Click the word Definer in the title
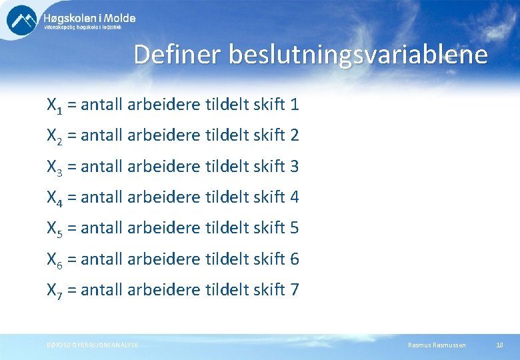click(x=178, y=55)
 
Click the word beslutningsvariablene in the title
click(x=358, y=55)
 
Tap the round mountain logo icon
click(x=22, y=20)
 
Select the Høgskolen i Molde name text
click(x=89, y=17)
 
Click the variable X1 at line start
click(x=54, y=105)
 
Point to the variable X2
click(x=54, y=136)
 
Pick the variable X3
click(x=54, y=167)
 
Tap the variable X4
click(x=54, y=198)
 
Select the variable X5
click(x=54, y=229)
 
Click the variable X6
click(x=54, y=259)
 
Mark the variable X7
click(x=54, y=290)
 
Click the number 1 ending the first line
click(x=295, y=105)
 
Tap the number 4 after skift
click(x=295, y=197)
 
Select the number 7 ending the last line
click(x=295, y=289)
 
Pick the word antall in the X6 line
click(x=101, y=259)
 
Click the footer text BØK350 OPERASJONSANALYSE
click(x=89, y=345)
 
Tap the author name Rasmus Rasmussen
click(x=437, y=345)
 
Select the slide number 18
click(x=499, y=345)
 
